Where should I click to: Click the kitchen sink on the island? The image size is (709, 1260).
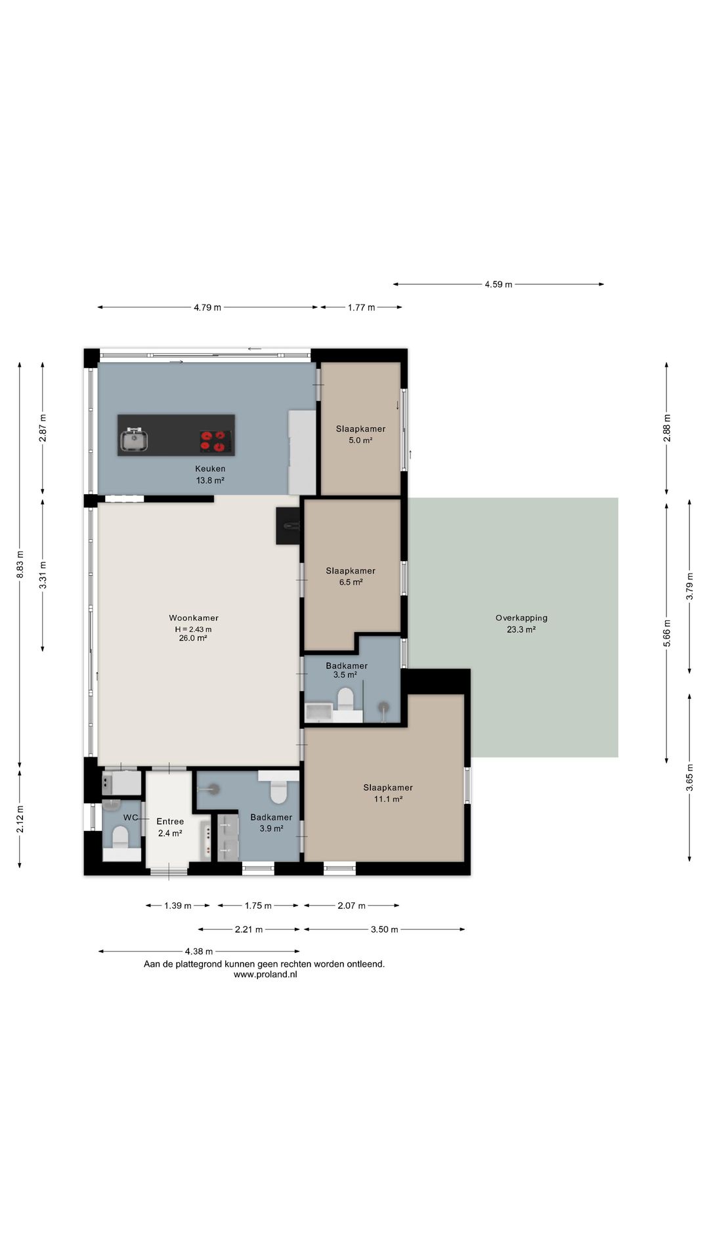click(134, 440)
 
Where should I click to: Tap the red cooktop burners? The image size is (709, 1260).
click(216, 441)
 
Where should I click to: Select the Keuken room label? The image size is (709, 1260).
click(210, 469)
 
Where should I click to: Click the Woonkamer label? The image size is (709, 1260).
click(194, 618)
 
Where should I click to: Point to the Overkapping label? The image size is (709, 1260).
click(521, 618)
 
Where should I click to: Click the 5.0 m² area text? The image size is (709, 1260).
click(360, 440)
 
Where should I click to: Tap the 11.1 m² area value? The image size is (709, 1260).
click(388, 799)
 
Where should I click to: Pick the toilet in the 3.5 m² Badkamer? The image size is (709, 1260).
click(345, 699)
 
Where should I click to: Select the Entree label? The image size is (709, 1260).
click(170, 821)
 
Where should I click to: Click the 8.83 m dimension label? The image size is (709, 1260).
click(20, 564)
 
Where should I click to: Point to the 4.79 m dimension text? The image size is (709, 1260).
click(207, 307)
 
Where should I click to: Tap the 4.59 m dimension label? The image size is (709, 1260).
click(498, 284)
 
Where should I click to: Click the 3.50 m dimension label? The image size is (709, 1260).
click(385, 929)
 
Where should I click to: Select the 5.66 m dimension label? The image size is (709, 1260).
click(667, 633)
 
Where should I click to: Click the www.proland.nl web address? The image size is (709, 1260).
click(265, 975)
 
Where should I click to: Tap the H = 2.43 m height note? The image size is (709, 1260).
click(193, 629)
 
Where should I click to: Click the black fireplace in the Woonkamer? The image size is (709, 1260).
click(288, 526)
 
